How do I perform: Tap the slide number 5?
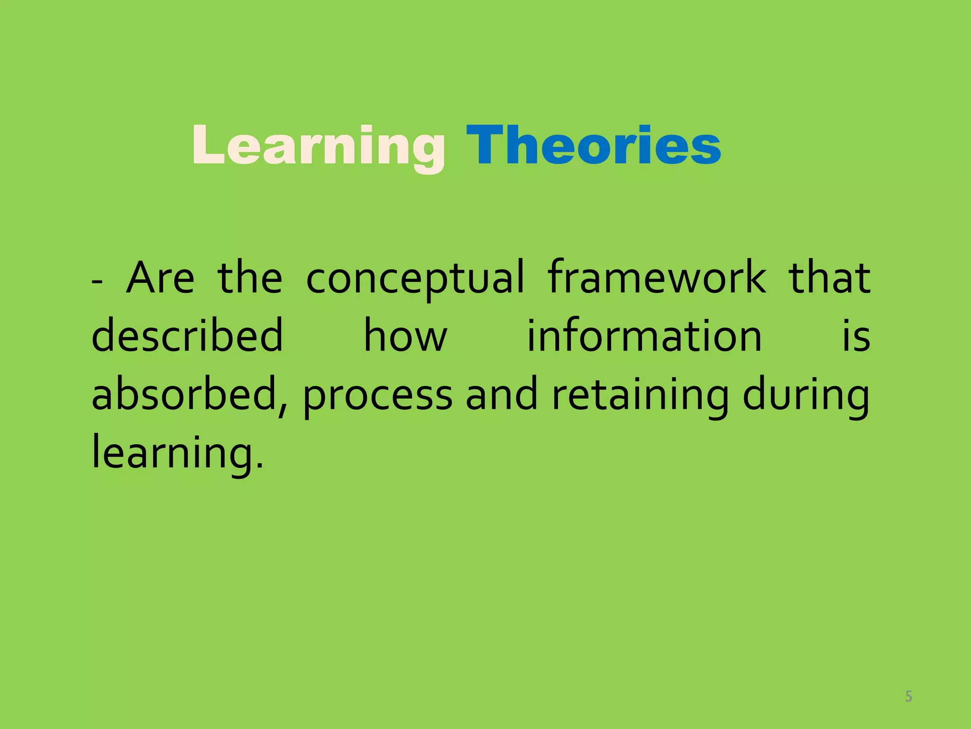[908, 696]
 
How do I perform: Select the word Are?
[160, 278]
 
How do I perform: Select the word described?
[187, 336]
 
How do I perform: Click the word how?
[405, 336]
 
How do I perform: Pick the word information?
[644, 336]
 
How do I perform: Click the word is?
[856, 336]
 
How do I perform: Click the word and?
[502, 394]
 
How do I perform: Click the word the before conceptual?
[250, 278]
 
